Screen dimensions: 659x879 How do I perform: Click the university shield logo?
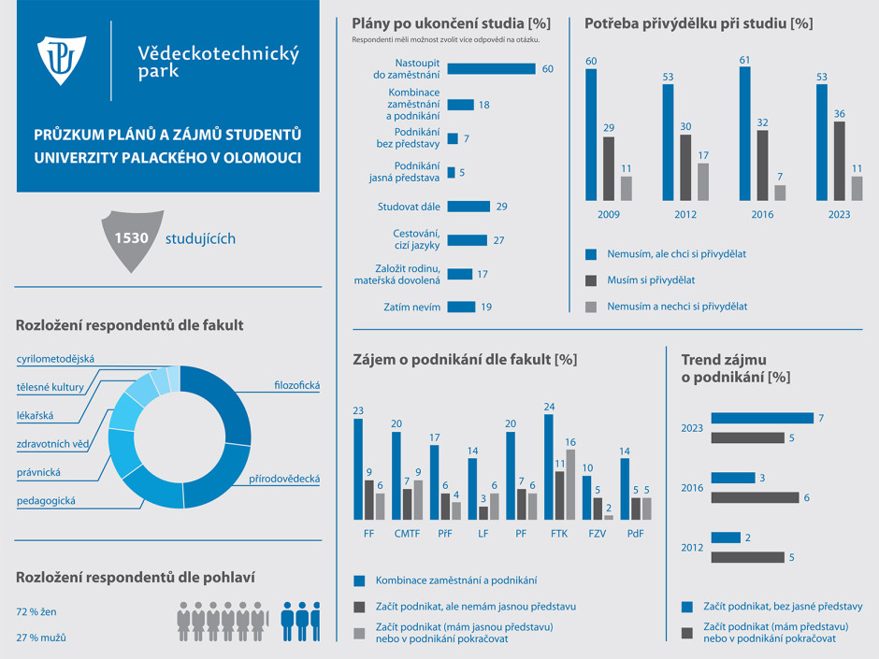pos(62,61)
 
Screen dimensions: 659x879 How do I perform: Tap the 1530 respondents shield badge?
pos(132,240)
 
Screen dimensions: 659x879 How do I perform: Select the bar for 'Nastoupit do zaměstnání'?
pos(491,68)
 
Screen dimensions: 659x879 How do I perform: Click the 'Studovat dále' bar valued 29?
pos(468,206)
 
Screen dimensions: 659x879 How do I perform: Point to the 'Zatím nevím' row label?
pos(411,307)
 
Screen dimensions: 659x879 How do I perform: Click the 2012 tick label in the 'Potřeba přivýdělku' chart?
pos(685,215)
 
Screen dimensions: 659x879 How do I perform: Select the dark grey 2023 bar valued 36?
pos(839,161)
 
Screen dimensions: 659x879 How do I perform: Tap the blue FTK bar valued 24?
pos(549,467)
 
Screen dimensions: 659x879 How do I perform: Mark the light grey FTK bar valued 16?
pos(570,484)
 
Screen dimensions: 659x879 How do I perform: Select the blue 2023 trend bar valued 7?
pos(762,418)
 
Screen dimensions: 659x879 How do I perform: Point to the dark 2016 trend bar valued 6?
pos(755,497)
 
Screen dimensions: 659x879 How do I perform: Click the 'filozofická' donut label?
pos(297,385)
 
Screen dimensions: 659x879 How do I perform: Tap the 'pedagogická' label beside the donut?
pos(46,501)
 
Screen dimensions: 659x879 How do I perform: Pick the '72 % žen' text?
pos(37,611)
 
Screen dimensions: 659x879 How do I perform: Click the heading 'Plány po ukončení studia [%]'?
pos(451,22)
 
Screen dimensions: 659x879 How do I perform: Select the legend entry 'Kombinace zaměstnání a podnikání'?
pos(455,580)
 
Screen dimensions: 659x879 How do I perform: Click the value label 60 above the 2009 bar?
pos(591,61)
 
